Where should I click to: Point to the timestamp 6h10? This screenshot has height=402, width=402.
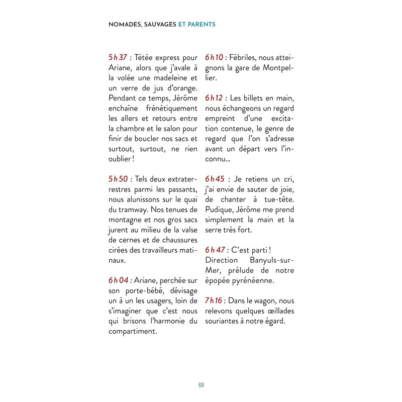[x=216, y=57]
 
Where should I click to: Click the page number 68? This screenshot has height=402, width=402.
[x=201, y=385]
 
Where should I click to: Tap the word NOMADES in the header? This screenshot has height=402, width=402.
[x=125, y=24]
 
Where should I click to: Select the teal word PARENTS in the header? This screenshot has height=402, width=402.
[x=203, y=24]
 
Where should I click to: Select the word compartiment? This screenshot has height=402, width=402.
[x=133, y=331]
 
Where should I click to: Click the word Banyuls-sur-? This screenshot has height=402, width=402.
[x=271, y=260]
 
